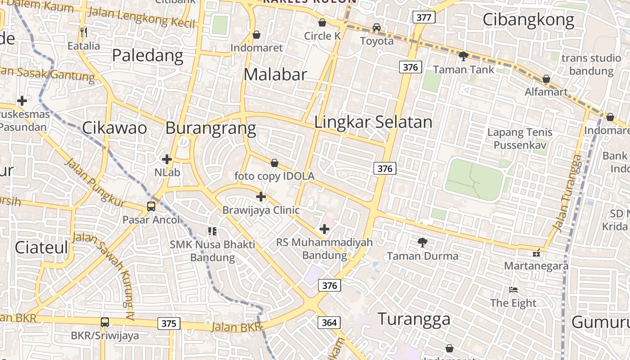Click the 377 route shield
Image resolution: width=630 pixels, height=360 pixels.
coord(423,18)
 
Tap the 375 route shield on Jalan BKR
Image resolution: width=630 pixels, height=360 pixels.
coord(169,323)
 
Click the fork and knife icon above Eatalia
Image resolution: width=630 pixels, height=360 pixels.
coord(83,32)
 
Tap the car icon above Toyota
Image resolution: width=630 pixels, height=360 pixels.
coord(377,27)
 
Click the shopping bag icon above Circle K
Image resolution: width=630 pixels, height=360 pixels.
coord(322,22)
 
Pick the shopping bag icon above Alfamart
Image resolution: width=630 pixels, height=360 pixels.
coord(546,79)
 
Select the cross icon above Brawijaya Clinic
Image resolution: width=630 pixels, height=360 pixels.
coord(261,197)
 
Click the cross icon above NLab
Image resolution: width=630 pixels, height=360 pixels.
coord(167,159)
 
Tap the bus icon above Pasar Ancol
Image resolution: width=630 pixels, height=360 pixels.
coord(151,207)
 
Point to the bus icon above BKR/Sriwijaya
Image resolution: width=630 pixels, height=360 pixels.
coord(105,322)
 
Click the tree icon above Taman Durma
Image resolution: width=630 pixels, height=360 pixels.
coord(422,243)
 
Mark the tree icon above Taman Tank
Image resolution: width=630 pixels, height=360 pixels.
coord(463,56)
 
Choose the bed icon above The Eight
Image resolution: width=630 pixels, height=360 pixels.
coord(513,290)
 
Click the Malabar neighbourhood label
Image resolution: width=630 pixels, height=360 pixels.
coord(275,75)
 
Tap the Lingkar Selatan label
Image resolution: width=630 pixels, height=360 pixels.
coord(373,122)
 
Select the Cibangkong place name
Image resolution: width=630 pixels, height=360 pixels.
coord(528,20)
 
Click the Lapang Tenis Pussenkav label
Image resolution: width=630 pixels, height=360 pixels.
coord(520,139)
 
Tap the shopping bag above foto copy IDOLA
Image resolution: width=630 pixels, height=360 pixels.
coord(274,163)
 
